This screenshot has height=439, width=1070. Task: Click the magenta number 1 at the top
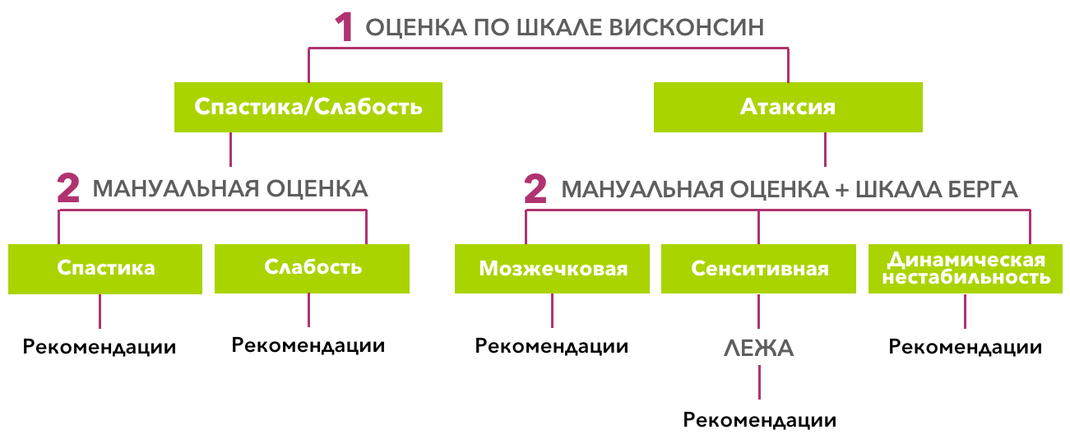(x=345, y=27)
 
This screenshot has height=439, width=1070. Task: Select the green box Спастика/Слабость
(x=308, y=107)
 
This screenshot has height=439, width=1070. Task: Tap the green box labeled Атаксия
(x=787, y=107)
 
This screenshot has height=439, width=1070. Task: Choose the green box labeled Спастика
(x=105, y=268)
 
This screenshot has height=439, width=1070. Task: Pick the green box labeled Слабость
(x=312, y=268)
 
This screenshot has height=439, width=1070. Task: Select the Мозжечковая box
(x=553, y=269)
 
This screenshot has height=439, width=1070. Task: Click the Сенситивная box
(x=759, y=269)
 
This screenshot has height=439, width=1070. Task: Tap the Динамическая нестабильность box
(x=966, y=269)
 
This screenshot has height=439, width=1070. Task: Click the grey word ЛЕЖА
(x=758, y=349)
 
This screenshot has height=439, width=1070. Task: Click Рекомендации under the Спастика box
(x=100, y=347)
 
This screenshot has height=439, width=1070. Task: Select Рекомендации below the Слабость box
(x=308, y=345)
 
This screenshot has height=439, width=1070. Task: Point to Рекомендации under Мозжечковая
(x=552, y=347)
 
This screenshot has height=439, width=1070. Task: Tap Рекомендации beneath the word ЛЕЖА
(x=759, y=421)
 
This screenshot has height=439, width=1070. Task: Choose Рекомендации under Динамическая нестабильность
(x=966, y=347)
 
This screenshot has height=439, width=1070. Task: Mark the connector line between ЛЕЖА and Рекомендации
(x=759, y=383)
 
